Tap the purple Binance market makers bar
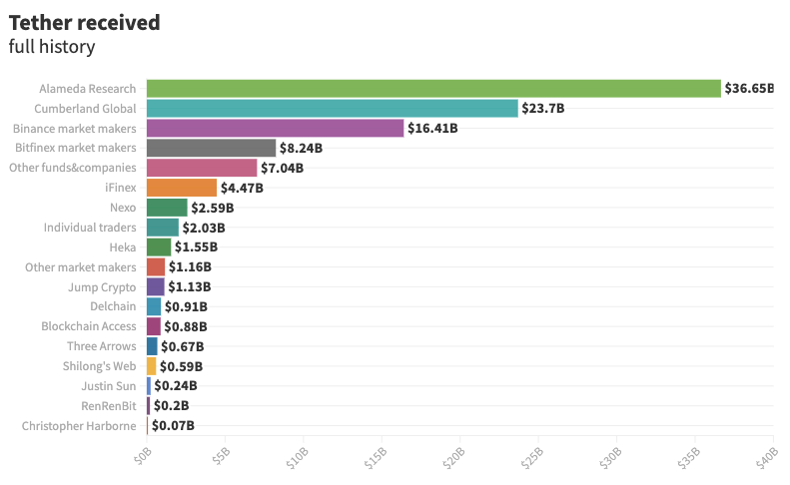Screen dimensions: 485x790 tap(275, 129)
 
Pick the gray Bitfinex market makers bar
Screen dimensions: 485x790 tap(211, 148)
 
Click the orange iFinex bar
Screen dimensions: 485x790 tap(181, 188)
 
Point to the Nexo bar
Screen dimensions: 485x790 tap(167, 208)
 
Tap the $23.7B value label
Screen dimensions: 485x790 tap(543, 109)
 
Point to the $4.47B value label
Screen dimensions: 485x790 tap(242, 188)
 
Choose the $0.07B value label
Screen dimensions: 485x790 tap(173, 426)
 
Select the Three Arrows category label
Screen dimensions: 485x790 tap(101, 346)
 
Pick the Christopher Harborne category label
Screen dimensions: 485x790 tap(79, 426)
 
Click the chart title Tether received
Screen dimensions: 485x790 tap(84, 22)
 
